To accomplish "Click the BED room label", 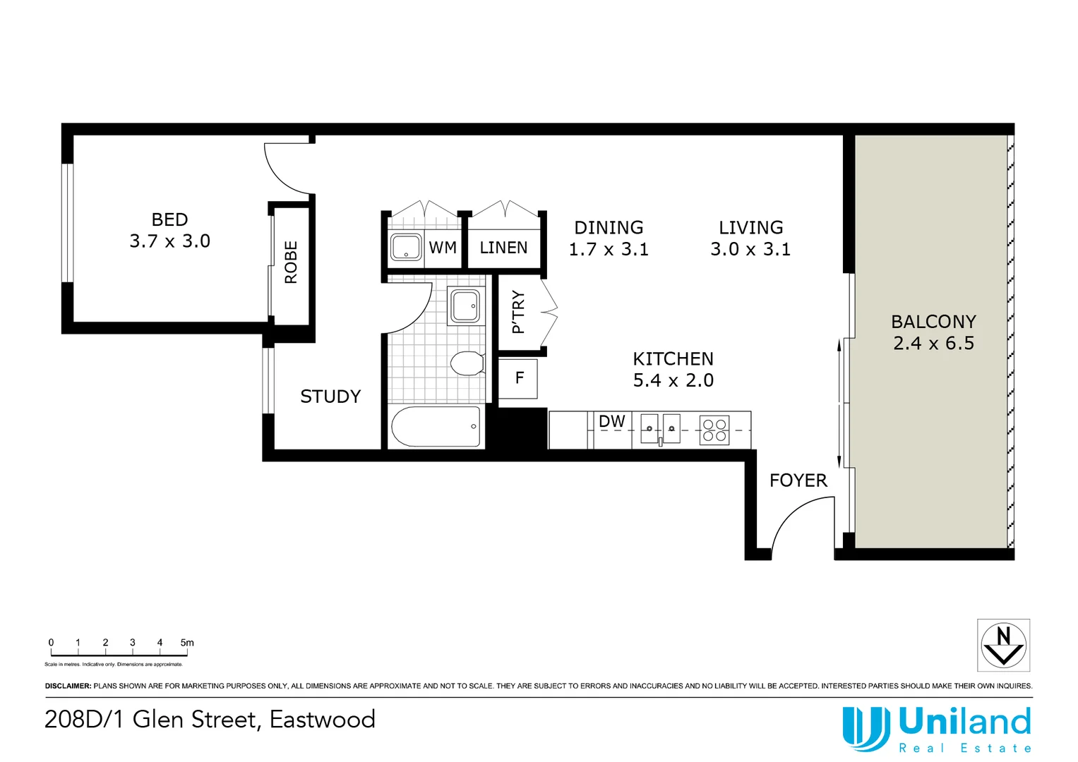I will (x=169, y=219).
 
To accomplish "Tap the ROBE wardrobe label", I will (x=291, y=262).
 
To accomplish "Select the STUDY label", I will (x=330, y=397).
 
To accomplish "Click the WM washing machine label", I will (x=443, y=248).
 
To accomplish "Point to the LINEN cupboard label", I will (x=503, y=248).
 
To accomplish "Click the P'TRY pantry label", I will (x=518, y=312).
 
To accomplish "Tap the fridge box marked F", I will (x=519, y=379).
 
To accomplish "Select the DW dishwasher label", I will (x=611, y=422).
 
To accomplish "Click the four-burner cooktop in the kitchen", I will (x=714, y=430).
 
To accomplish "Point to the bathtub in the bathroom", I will (x=436, y=426).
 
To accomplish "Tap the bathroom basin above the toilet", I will (x=466, y=306).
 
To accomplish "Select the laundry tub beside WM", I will (x=406, y=248).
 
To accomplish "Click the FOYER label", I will (x=798, y=480).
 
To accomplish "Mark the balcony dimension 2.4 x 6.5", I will (x=933, y=344).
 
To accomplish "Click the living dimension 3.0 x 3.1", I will (x=750, y=250).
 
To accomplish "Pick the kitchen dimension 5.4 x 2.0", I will (x=673, y=380).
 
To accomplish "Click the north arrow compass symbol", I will (x=1003, y=645).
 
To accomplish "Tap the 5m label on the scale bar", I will (x=187, y=643).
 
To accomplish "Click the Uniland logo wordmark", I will (x=964, y=722).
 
